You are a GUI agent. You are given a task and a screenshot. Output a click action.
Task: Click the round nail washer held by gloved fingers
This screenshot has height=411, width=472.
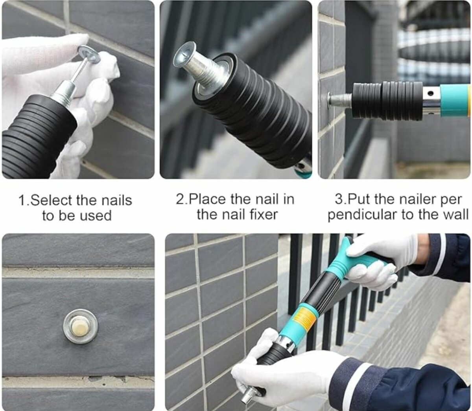[x=89, y=54]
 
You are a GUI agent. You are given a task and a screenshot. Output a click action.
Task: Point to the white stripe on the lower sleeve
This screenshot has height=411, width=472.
[x=360, y=378]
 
